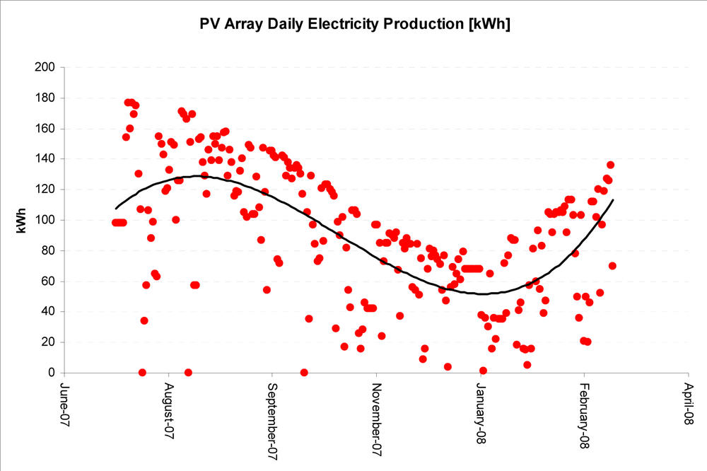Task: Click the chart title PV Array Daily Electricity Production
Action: pos(356,24)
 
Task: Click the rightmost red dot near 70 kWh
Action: pos(612,266)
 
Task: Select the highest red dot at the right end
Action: pos(610,165)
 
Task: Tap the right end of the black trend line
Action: pos(613,200)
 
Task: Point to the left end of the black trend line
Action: pos(116,209)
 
